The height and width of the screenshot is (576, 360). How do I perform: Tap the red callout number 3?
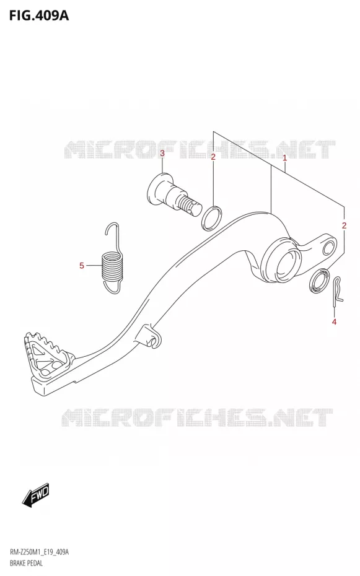162,153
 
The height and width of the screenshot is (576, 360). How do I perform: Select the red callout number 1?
284,159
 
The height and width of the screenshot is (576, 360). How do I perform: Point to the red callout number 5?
82,265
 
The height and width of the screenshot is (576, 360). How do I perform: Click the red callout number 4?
334,322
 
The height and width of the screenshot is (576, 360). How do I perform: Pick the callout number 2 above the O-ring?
213,157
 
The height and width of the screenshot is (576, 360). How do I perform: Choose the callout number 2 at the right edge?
344,225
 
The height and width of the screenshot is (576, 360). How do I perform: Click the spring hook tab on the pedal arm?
151,336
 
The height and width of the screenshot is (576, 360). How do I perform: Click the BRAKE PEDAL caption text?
26,563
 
